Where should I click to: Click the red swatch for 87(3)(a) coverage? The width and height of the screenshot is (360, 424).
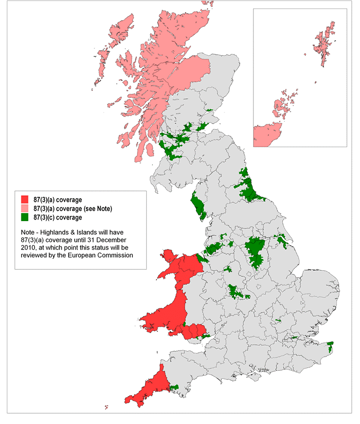[24, 200]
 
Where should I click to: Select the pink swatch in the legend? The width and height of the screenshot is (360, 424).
[24, 208]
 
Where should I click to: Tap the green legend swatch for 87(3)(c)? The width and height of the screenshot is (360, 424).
[24, 217]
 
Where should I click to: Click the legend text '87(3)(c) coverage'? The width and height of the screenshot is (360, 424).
[57, 217]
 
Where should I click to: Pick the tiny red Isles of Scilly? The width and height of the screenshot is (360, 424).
[107, 407]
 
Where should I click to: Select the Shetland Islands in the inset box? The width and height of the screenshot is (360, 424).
[322, 43]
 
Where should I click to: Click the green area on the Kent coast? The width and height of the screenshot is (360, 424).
[330, 347]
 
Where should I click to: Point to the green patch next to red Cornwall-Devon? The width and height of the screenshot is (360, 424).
[174, 387]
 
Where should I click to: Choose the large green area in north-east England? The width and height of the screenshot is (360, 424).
[249, 188]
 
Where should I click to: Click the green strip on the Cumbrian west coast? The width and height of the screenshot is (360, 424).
[199, 206]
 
